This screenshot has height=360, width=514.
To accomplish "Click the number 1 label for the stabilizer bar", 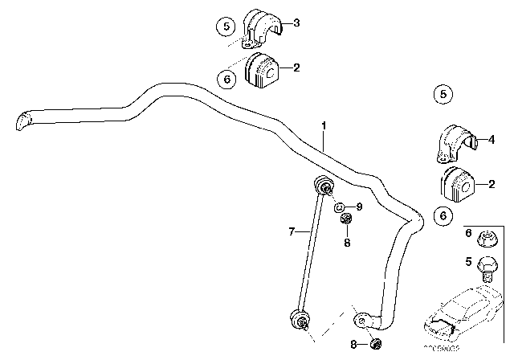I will [324, 125].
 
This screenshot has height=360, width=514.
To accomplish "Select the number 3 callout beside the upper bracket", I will [296, 23].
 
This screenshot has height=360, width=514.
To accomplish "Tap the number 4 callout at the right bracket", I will [492, 137].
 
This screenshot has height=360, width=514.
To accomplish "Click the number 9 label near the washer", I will [359, 207].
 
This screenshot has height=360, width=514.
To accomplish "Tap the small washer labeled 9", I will [341, 207].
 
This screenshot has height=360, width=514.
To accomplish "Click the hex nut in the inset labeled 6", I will [487, 239].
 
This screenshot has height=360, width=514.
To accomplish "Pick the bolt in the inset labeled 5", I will [487, 265].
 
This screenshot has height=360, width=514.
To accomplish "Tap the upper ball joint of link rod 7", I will [325, 186].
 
